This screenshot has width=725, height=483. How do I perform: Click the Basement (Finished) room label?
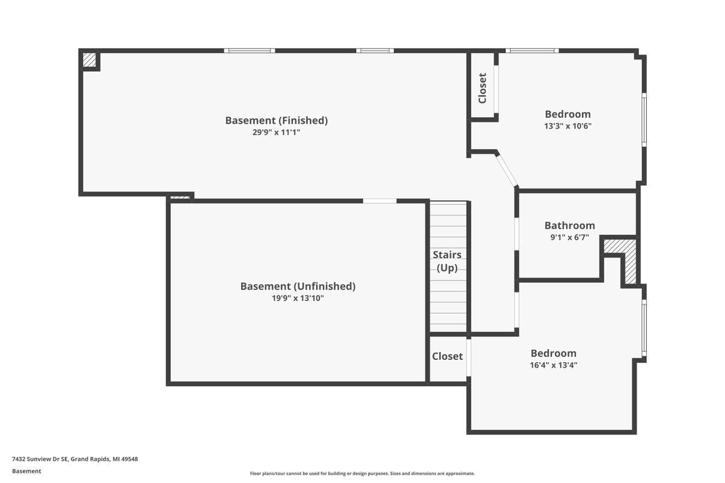point(277,121)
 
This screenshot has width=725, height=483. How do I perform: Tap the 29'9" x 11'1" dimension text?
point(277,132)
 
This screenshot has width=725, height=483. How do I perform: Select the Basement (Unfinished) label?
point(298,287)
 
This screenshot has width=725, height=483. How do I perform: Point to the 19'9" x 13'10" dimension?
point(298,298)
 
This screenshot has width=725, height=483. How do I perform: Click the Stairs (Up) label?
point(447,261)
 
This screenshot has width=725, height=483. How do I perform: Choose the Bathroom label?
point(570,225)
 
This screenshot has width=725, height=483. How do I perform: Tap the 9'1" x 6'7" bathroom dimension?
point(570,237)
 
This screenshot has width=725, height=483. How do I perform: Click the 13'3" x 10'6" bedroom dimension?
point(567,126)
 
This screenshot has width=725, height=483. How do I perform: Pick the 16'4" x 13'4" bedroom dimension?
point(554,365)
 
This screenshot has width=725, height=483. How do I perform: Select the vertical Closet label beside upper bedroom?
point(482,88)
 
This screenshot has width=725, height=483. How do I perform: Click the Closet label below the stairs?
point(447,356)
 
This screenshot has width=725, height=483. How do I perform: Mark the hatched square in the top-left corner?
point(90,60)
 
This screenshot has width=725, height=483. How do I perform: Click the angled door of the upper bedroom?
point(507,170)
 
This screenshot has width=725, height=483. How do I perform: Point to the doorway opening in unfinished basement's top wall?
point(380,201)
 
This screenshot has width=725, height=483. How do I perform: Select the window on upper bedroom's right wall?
point(644,120)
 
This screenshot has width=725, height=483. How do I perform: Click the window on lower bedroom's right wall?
point(644,328)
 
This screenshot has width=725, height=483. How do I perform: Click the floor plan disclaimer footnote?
point(362,473)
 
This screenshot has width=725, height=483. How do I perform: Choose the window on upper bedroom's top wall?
point(532,50)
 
